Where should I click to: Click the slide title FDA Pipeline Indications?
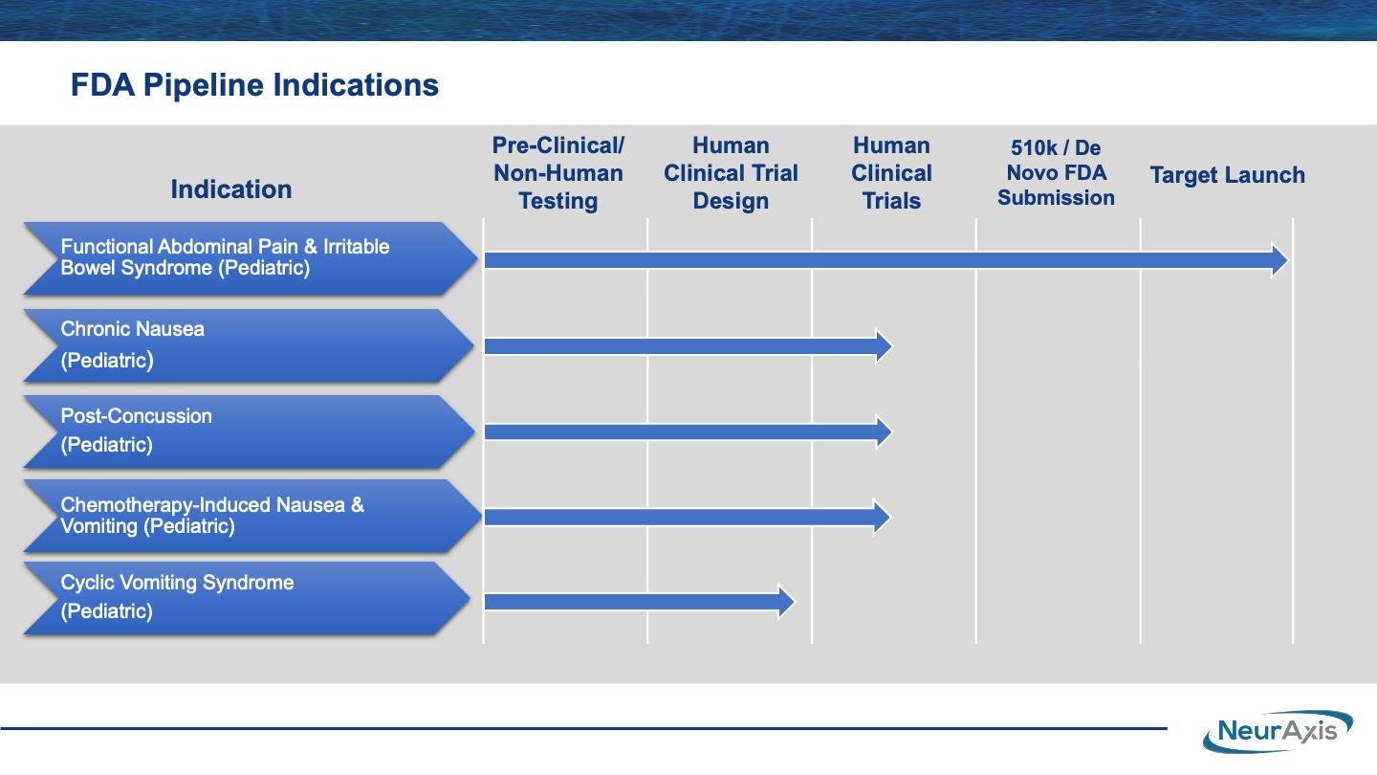[254, 85]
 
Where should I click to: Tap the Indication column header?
[231, 189]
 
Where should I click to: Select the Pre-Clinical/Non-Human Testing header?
[558, 173]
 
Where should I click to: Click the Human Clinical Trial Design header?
[731, 173]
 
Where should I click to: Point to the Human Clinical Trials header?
[891, 173]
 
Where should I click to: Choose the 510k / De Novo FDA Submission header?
[1056, 172]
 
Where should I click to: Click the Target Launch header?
[1228, 175]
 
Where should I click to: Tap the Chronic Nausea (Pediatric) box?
[249, 345]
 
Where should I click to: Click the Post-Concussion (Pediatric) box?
[249, 432]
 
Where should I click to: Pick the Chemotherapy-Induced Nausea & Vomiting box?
[252, 516]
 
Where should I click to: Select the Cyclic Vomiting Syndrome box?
[247, 598]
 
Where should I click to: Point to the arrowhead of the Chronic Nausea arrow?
[885, 346]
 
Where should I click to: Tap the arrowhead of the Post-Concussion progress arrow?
[885, 432]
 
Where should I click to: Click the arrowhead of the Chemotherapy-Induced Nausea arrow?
[882, 517]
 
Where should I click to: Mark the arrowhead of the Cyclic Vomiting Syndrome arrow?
[787, 602]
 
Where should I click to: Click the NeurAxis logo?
[1278, 731]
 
